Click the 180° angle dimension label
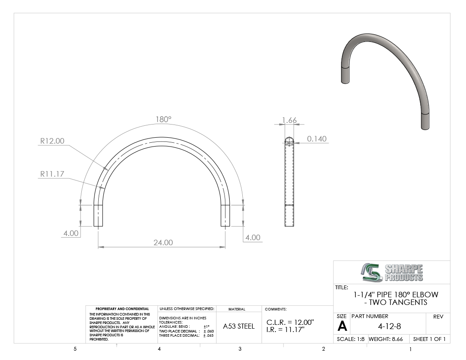tap(164, 119)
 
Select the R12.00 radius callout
tap(52, 141)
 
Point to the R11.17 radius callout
tap(52, 174)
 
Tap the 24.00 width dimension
tap(163, 243)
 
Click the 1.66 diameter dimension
tap(289, 120)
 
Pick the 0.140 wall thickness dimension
tap(317, 139)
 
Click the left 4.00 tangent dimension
tap(71, 233)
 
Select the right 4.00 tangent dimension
tap(253, 238)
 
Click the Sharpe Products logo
tap(392, 272)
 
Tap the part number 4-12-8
tap(389, 327)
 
